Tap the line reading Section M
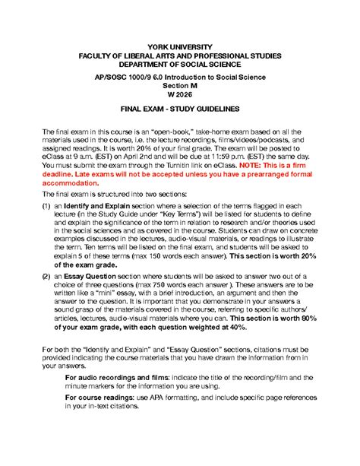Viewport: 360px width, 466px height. tap(180, 88)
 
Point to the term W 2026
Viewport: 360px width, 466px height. tap(180, 98)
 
